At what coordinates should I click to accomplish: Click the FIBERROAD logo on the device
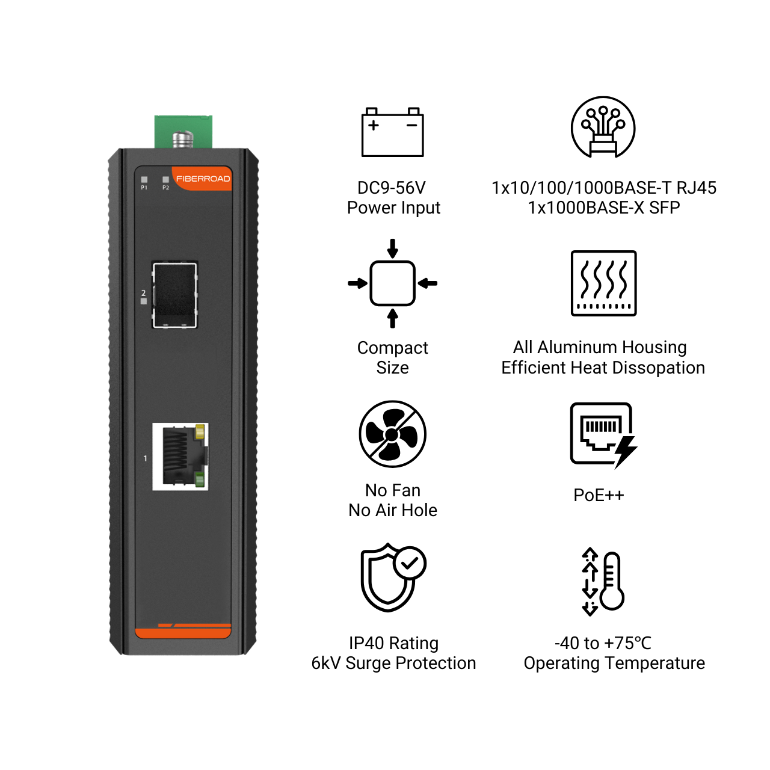point(203,179)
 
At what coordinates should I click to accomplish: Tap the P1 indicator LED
point(144,179)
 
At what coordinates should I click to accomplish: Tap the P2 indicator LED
point(165,179)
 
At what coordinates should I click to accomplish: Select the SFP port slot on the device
point(174,295)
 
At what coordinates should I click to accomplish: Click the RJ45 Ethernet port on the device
point(180,457)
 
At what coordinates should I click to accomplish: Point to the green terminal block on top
point(183,132)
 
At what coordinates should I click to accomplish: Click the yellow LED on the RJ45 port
point(199,432)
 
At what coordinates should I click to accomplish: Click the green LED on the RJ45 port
point(199,479)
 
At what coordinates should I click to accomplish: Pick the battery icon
point(392,132)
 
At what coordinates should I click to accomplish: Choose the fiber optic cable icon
point(603,127)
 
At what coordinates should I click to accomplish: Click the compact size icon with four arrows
point(392,283)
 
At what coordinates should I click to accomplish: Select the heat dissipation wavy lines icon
point(603,283)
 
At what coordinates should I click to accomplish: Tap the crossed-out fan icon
point(392,434)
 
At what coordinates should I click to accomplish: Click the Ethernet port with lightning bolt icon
point(603,435)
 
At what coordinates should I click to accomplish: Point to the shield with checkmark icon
point(393,577)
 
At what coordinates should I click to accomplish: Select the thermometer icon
point(603,581)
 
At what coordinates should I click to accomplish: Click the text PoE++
point(599,495)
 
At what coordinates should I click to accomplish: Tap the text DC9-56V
point(392,188)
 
